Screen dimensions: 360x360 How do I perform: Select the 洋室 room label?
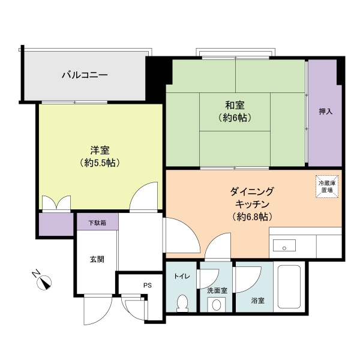[x=99, y=150]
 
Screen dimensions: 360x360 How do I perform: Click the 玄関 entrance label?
[x=97, y=259]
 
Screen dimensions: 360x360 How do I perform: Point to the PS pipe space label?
[x=147, y=285]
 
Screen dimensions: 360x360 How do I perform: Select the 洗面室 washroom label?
[x=217, y=290]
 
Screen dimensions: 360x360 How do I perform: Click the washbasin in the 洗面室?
[x=216, y=305]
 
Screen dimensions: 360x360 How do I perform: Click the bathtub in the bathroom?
[x=290, y=288]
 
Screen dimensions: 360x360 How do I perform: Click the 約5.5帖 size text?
[x=99, y=163]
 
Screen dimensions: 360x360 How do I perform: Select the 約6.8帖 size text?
[x=251, y=216]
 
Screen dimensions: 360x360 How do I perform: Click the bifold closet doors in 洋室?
[x=57, y=204]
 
